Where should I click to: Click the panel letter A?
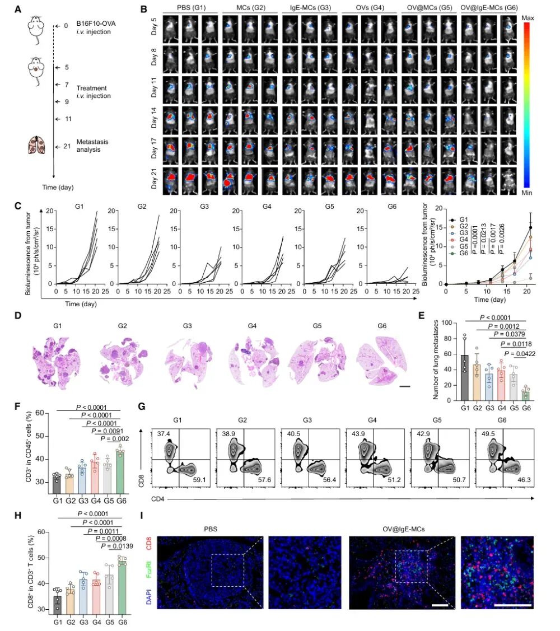18,10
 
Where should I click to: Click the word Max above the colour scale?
528,18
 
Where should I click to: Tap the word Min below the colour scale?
528,192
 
